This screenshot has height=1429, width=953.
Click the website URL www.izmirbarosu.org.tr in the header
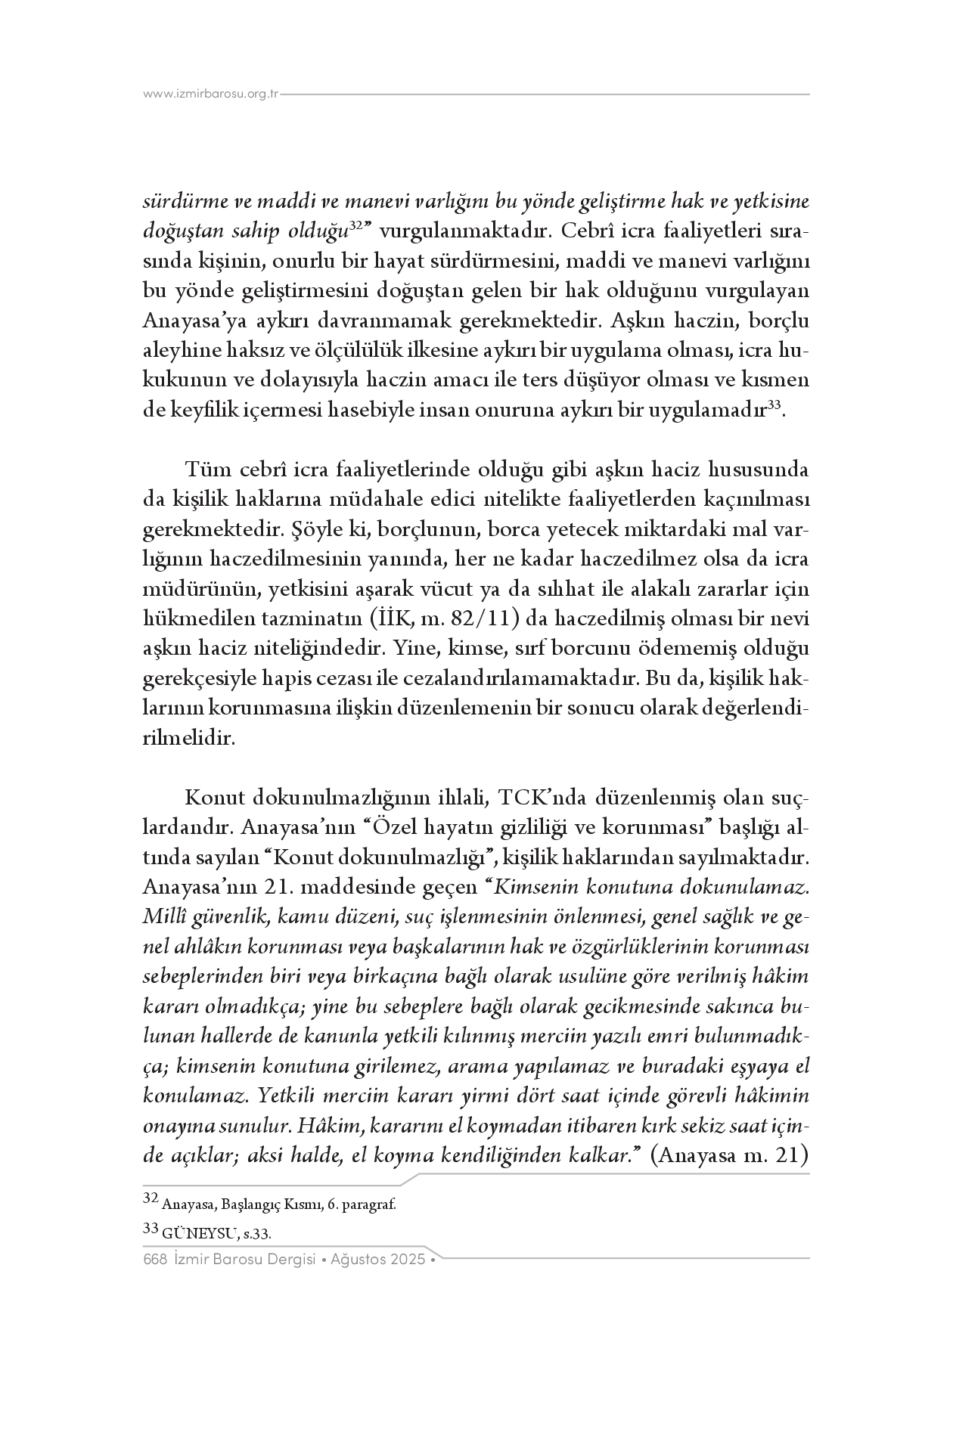coord(211,95)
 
